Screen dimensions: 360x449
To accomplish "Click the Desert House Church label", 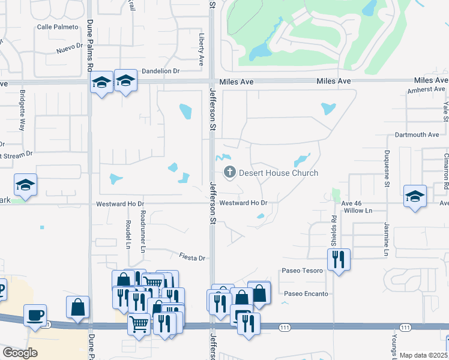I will tap(279, 173).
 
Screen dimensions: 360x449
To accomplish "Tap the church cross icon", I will tap(229, 173).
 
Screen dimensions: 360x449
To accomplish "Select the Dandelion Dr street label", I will tap(160, 71).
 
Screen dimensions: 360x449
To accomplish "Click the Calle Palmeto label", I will tap(58, 27).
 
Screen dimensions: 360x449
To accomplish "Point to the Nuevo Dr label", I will tap(70, 46).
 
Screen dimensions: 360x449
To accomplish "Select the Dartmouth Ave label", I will tap(417, 135).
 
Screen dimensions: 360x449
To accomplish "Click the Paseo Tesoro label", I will tap(303, 271).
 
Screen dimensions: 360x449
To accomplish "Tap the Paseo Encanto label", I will tap(306, 293).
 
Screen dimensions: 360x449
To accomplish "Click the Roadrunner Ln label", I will tap(142, 231).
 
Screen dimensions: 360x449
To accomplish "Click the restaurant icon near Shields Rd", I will tap(339, 259).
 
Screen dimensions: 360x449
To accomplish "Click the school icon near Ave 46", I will tap(415, 196).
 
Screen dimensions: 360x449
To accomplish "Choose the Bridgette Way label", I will tap(22, 110).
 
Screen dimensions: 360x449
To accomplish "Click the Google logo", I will tap(20, 353).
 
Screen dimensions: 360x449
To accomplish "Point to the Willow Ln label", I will tap(357, 211).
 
